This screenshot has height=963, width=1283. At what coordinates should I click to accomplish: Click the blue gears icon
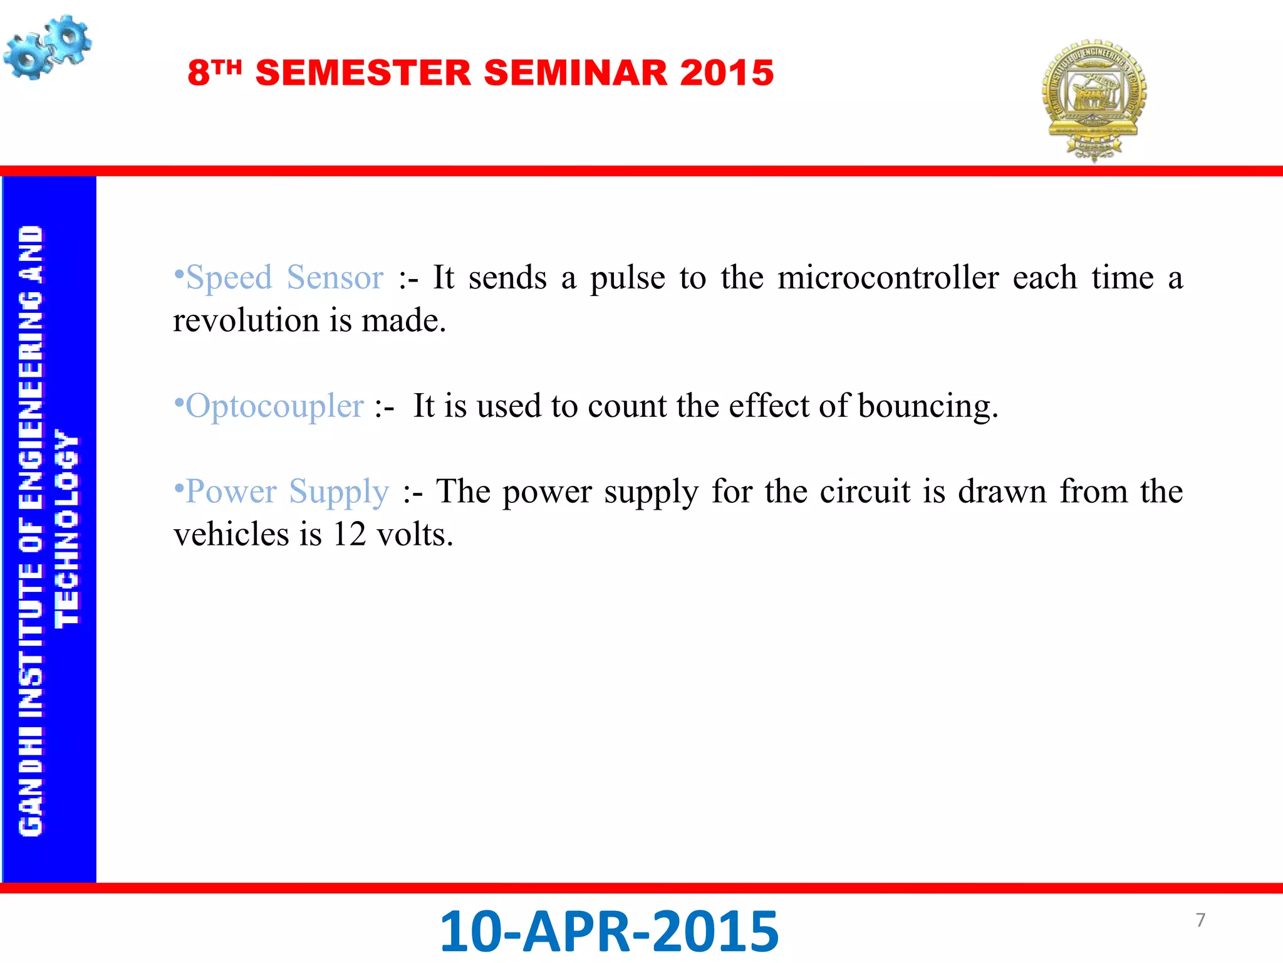click(47, 48)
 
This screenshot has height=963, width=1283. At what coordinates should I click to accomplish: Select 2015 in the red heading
click(727, 73)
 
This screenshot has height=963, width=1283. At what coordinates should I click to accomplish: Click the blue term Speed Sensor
click(285, 277)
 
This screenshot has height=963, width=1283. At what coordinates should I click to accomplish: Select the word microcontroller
click(888, 277)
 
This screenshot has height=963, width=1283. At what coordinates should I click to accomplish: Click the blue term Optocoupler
click(274, 406)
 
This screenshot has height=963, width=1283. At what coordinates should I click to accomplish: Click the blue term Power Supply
click(287, 491)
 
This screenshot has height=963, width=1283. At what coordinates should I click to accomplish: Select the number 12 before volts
click(349, 534)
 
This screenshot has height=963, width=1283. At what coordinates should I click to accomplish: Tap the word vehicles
click(231, 534)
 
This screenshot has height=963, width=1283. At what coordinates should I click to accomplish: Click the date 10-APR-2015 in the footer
click(609, 931)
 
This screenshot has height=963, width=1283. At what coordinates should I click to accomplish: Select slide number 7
click(1200, 920)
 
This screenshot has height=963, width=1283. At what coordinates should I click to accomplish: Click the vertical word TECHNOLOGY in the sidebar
click(66, 529)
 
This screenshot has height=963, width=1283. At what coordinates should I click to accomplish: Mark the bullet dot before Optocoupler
click(179, 401)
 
